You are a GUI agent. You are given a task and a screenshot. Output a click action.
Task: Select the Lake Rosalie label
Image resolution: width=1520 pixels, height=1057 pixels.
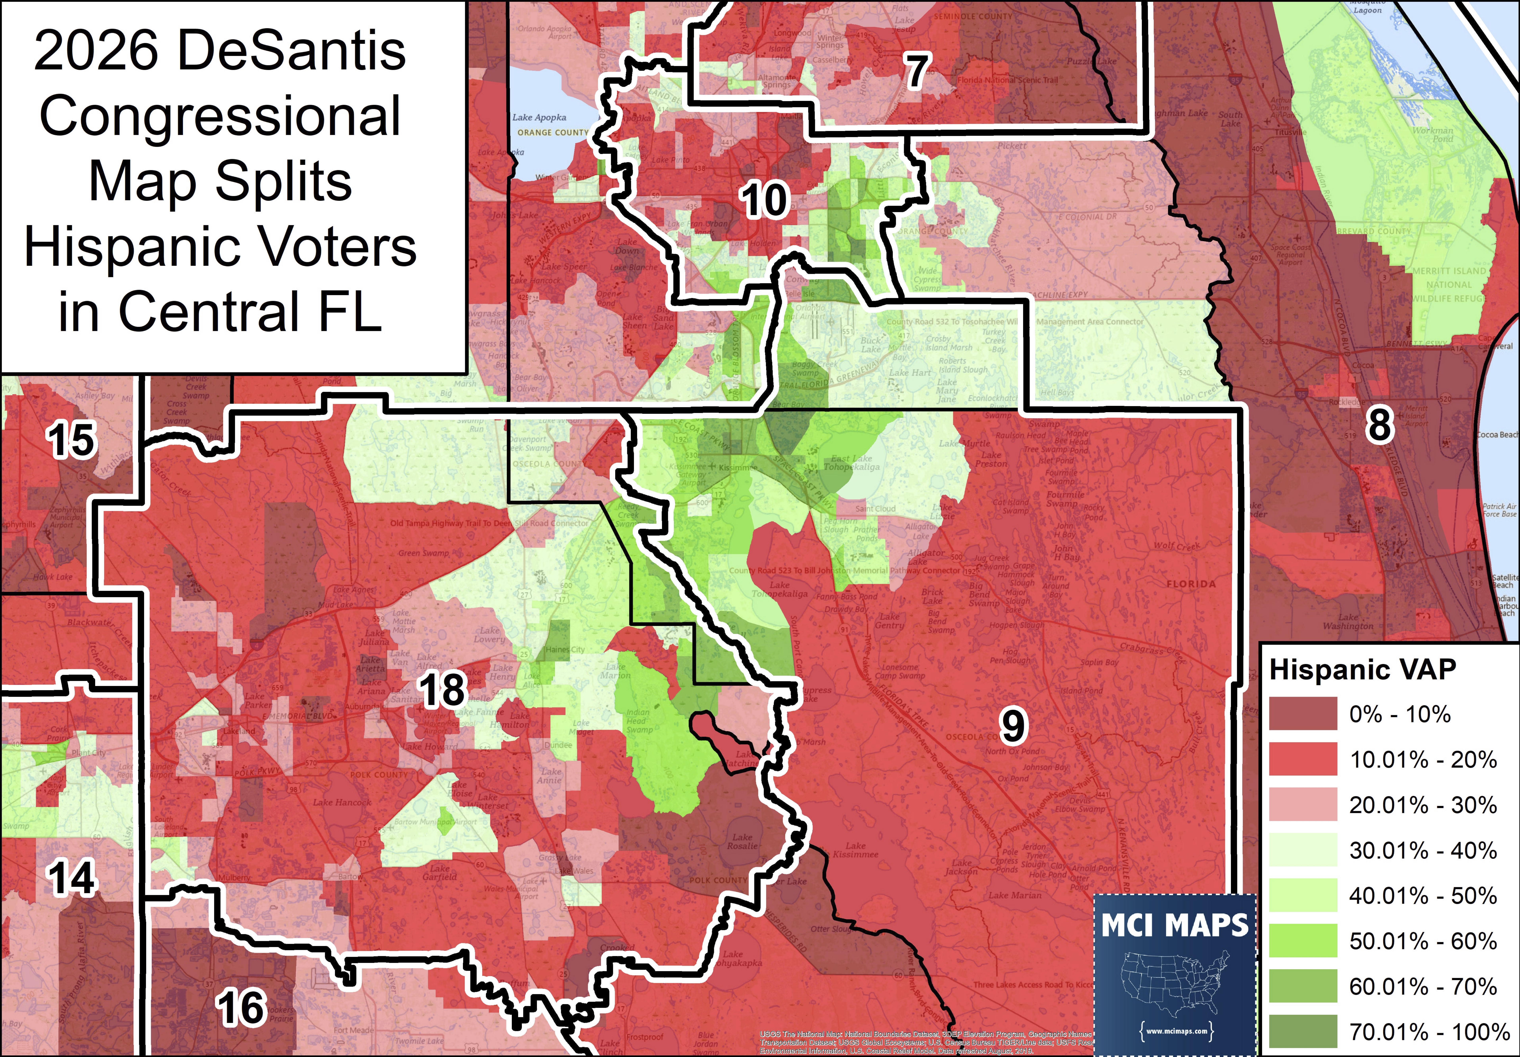[742, 841]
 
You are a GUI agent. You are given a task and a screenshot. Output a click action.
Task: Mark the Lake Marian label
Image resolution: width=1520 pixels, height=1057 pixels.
[1015, 895]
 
